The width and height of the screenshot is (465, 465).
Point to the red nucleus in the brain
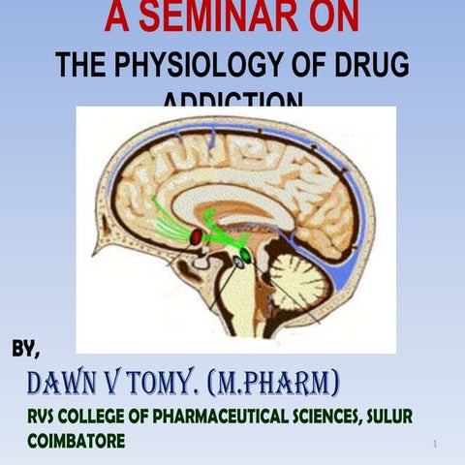pyautogui.click(x=197, y=236)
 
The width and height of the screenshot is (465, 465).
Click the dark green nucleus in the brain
pyautogui.click(x=246, y=256)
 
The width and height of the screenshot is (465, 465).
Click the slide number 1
pyautogui.click(x=438, y=444)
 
